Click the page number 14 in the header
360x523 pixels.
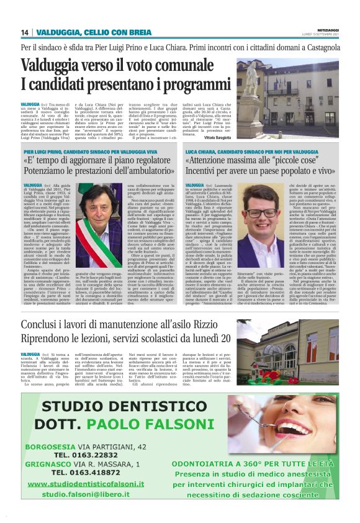coord(25,32)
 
